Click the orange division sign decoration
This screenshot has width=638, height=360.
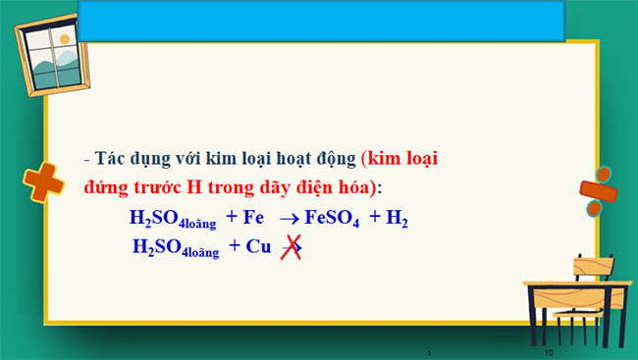click(x=595, y=197)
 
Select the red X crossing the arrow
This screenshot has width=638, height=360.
click(x=292, y=247)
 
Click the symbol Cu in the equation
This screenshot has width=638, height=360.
click(x=258, y=247)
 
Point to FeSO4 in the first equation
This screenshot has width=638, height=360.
click(x=333, y=220)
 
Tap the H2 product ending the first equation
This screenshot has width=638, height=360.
click(x=397, y=220)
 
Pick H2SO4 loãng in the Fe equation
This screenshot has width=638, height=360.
click(x=172, y=220)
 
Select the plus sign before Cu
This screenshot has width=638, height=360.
click(x=235, y=247)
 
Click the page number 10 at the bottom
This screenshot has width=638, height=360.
click(x=549, y=351)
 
